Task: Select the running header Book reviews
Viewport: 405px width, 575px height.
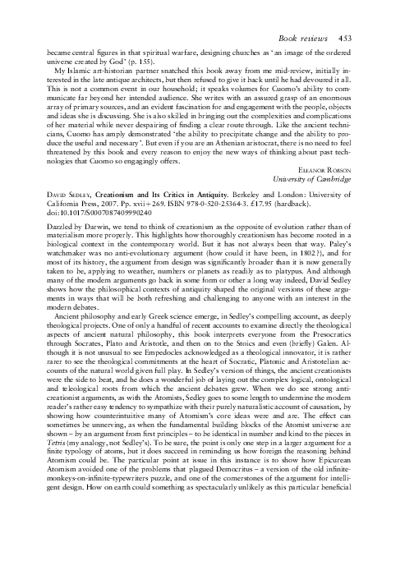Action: (x=328, y=38)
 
